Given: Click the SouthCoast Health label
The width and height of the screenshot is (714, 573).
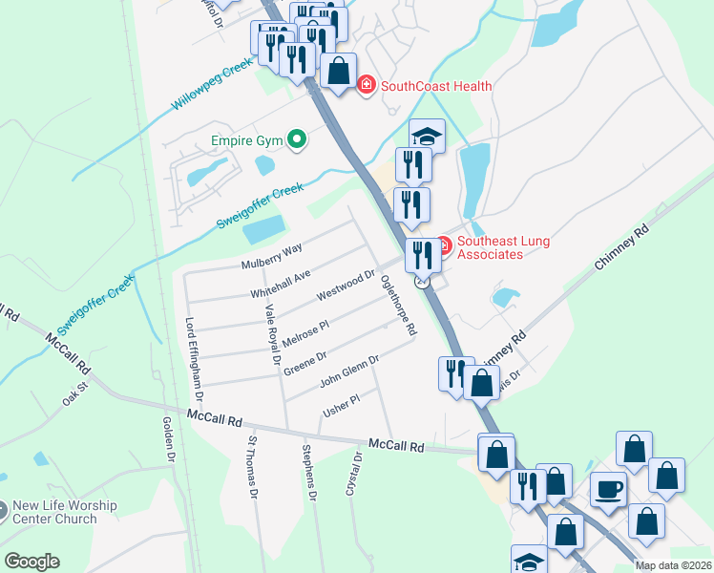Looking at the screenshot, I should click(436, 86).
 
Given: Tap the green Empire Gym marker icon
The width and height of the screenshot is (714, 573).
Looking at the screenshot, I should click(296, 140).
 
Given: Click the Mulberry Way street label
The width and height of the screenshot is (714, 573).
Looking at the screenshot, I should click(272, 256).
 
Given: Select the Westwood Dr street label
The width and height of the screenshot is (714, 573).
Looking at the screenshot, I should click(346, 285).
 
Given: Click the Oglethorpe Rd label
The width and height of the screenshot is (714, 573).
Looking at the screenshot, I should click(398, 306).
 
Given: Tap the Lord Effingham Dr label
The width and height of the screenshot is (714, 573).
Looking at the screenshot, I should click(195, 359).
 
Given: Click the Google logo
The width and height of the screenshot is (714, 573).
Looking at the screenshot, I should click(31, 562).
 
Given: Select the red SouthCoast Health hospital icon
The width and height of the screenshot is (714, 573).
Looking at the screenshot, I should click(366, 86).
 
